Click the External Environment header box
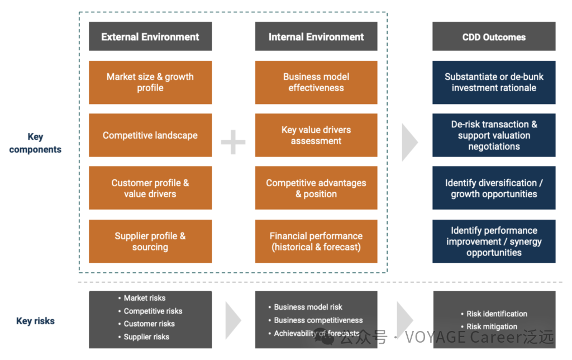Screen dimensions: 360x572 coord(150,37)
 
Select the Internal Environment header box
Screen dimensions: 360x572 coord(316,37)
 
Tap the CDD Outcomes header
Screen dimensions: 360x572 coord(494,37)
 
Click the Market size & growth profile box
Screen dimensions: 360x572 coord(150,82)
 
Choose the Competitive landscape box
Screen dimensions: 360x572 coord(150,135)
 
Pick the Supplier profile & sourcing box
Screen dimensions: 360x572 coord(150,241)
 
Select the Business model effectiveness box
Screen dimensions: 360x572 coord(316,82)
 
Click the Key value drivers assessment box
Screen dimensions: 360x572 coord(316,135)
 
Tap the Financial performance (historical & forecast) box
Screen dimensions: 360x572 coord(316,241)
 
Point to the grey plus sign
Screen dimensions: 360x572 coord(233,143)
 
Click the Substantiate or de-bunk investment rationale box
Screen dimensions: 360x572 coord(494,82)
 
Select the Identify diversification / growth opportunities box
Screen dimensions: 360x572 coord(494,188)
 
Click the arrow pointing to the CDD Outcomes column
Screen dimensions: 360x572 coord(409,142)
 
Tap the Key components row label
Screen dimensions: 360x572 coord(35,143)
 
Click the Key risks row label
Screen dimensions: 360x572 coord(35,321)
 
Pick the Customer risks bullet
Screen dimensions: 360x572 coord(149,324)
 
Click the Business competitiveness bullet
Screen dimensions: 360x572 coord(318,320)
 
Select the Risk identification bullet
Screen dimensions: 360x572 coord(497,314)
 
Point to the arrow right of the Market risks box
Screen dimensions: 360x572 coord(232,320)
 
